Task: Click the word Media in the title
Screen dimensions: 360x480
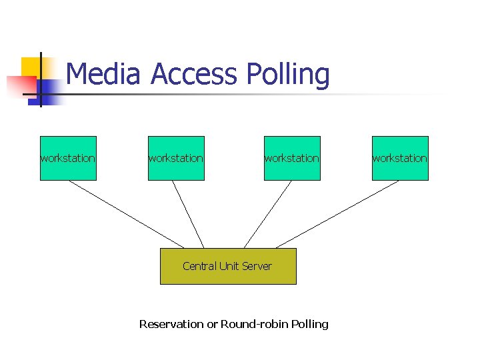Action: [103, 74]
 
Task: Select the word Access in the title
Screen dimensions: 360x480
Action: [194, 74]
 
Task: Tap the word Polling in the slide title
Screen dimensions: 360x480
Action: [288, 75]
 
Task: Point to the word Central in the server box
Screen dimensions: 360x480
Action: [198, 266]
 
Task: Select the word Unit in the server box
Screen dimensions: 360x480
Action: [228, 266]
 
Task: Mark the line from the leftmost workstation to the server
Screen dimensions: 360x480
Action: [127, 214]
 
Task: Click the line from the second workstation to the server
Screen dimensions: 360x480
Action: [188, 214]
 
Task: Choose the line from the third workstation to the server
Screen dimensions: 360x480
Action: [267, 214]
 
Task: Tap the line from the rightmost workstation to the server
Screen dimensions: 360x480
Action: [337, 214]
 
